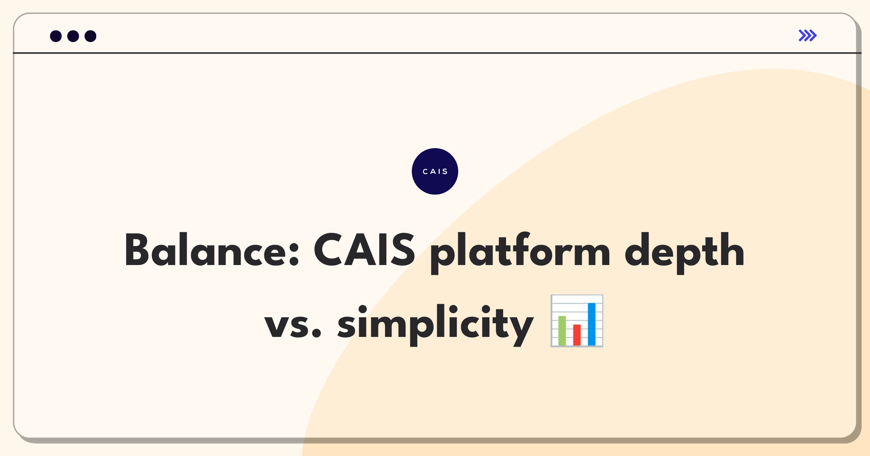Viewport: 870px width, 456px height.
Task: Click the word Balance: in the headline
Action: (212, 249)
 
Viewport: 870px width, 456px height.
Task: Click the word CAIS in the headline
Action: (364, 249)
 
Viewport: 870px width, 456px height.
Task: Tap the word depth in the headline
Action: (684, 253)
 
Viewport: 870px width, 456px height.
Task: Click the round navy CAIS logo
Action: (435, 171)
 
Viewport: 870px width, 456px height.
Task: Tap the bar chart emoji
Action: (577, 321)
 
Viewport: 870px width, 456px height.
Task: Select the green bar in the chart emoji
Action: (562, 331)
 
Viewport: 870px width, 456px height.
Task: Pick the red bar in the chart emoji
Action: (577, 335)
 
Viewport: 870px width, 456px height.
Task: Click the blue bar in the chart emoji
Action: (592, 324)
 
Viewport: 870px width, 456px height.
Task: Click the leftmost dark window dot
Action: (56, 36)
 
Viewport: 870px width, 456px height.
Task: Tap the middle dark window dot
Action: (73, 36)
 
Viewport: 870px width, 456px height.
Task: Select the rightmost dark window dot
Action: (91, 36)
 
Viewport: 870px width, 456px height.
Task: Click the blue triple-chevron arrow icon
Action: (808, 36)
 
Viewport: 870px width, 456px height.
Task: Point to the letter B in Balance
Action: (137, 249)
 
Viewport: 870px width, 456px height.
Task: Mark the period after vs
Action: (316, 333)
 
